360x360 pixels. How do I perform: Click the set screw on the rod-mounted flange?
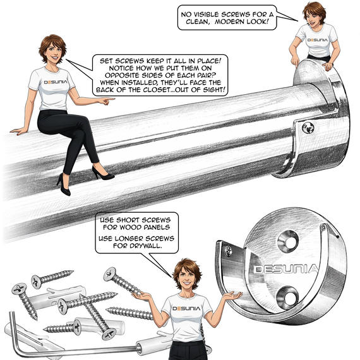309,128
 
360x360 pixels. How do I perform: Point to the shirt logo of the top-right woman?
318,39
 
